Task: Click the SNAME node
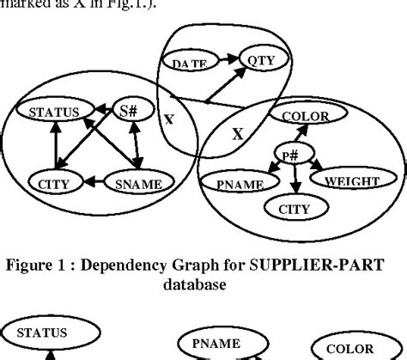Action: click(x=138, y=181)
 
